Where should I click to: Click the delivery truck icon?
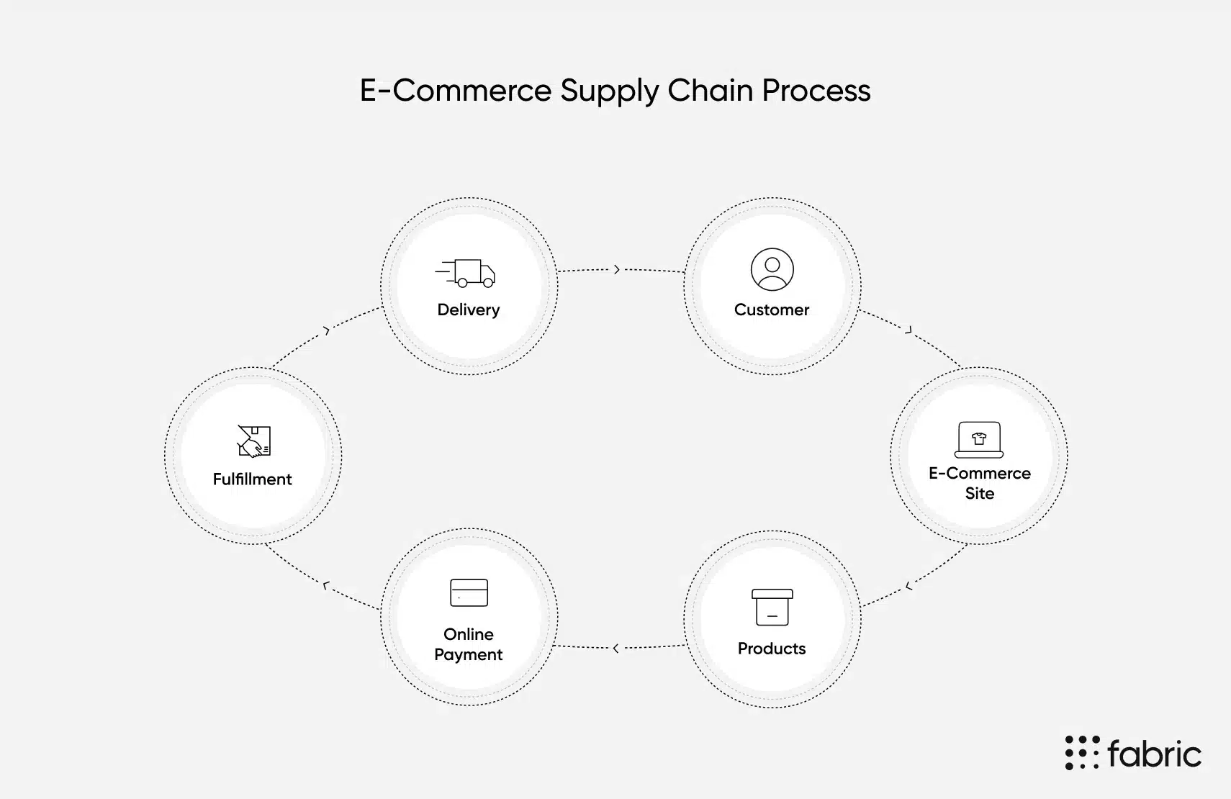tap(466, 273)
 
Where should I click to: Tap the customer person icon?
tap(772, 269)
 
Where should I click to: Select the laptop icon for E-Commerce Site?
tap(979, 440)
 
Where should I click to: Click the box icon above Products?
tap(772, 607)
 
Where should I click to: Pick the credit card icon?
tap(469, 592)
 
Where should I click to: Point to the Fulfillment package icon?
tap(253, 441)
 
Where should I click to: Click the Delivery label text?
tap(468, 310)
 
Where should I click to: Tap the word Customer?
tap(772, 310)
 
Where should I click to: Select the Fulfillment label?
tap(252, 479)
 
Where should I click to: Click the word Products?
tap(772, 649)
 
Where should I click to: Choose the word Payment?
tap(468, 654)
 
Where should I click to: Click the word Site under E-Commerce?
tap(979, 493)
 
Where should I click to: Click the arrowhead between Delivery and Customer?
tap(617, 269)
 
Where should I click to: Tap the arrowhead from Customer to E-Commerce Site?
tap(909, 330)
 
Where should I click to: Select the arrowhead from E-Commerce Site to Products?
tap(908, 587)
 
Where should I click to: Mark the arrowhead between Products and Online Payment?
tap(615, 649)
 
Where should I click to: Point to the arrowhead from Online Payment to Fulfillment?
tap(325, 586)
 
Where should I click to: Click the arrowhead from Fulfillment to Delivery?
tap(327, 330)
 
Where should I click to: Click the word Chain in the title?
tap(711, 91)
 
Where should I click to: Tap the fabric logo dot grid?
tap(1082, 752)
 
